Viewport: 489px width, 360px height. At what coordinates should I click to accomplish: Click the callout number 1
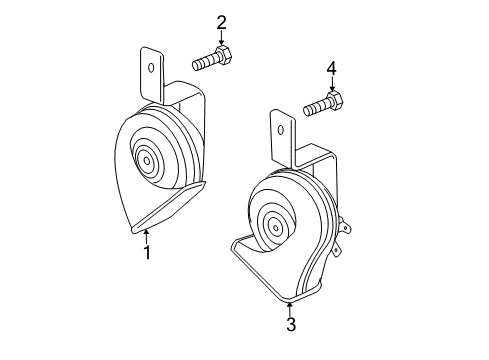pyautogui.click(x=146, y=253)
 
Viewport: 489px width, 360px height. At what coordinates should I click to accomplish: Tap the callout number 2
pyautogui.click(x=221, y=22)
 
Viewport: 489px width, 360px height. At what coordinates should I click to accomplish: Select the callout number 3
pyautogui.click(x=290, y=324)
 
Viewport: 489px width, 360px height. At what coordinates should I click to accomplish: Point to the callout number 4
pyautogui.click(x=331, y=69)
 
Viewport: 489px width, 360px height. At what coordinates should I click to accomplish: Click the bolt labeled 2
pyautogui.click(x=212, y=60)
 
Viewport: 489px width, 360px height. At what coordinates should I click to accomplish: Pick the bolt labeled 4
pyautogui.click(x=322, y=103)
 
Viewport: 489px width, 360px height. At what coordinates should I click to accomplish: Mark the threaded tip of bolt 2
pyautogui.click(x=198, y=64)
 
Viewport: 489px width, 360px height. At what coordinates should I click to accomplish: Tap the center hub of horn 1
pyautogui.click(x=149, y=159)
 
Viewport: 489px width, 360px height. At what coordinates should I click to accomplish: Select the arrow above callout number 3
pyautogui.click(x=290, y=307)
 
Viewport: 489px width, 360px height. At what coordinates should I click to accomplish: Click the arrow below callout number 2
pyautogui.click(x=221, y=38)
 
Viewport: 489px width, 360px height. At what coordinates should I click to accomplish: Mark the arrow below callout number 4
pyautogui.click(x=331, y=84)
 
